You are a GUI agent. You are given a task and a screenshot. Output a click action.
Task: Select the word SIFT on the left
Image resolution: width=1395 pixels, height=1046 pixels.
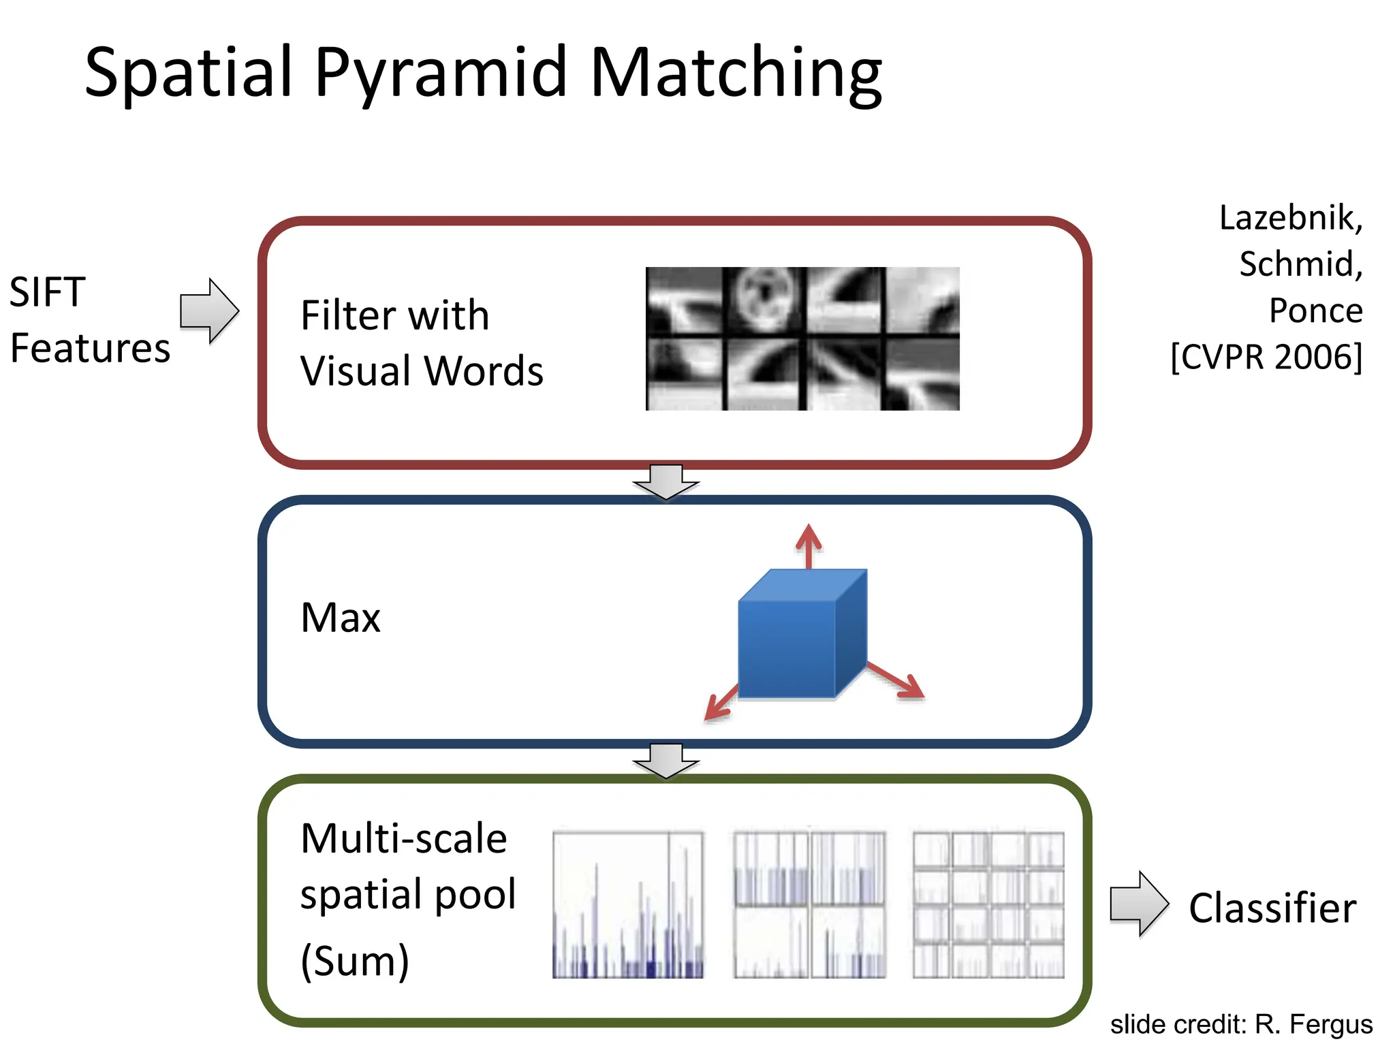click(x=48, y=293)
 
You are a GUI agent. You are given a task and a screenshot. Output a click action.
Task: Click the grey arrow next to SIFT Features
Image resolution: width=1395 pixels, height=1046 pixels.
click(x=209, y=311)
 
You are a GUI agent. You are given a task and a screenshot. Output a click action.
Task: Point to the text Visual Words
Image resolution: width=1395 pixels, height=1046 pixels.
click(x=422, y=372)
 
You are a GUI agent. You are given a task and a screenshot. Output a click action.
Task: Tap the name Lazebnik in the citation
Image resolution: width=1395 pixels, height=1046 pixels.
click(x=1290, y=219)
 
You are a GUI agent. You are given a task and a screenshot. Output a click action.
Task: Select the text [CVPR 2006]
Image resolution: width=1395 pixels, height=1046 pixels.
click(x=1266, y=357)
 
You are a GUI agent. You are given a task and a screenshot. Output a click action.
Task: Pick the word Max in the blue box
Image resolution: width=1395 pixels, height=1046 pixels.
click(x=341, y=618)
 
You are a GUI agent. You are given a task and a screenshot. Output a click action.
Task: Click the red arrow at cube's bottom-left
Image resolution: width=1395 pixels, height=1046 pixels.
click(x=721, y=702)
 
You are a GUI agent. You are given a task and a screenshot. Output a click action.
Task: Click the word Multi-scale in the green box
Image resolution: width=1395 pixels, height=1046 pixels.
click(x=404, y=839)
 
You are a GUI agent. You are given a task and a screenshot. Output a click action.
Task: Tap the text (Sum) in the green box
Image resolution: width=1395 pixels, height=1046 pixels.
click(x=355, y=961)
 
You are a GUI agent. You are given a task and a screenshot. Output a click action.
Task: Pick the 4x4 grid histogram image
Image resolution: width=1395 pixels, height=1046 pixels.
click(x=988, y=905)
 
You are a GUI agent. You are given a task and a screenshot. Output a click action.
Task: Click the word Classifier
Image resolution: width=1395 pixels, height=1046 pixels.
click(x=1272, y=908)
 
